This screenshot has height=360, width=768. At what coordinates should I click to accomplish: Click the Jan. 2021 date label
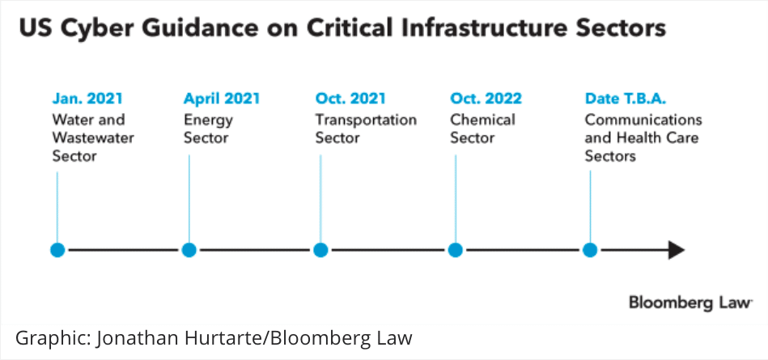pos(87,99)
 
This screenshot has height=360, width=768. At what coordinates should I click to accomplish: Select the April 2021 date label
pos(222,99)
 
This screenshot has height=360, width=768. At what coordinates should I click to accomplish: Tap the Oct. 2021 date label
pos(350,99)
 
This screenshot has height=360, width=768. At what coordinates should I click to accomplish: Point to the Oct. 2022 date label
pos(486,99)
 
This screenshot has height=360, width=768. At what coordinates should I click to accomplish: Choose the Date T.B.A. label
pos(626,99)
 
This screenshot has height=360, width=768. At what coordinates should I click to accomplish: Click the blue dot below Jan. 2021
pos(57,250)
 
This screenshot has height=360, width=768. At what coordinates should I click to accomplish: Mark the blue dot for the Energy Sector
pos(189,250)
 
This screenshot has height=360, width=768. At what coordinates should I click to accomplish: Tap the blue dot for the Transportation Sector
pos(320,250)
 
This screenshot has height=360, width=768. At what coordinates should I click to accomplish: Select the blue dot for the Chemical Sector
pos(456,250)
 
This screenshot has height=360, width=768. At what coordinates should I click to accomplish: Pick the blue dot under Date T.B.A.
pos(590,250)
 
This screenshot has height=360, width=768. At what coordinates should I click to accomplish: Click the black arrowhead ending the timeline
pos(677,250)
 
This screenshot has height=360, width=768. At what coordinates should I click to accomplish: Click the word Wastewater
pos(93,138)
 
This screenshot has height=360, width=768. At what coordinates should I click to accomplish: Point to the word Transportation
pos(366,120)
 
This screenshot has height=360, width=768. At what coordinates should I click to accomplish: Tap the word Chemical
pos(482,120)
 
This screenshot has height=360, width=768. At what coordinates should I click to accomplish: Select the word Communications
pos(643,120)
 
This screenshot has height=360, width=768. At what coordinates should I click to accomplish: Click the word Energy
pos(208,121)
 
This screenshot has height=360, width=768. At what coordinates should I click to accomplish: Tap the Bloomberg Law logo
pos(690,303)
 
